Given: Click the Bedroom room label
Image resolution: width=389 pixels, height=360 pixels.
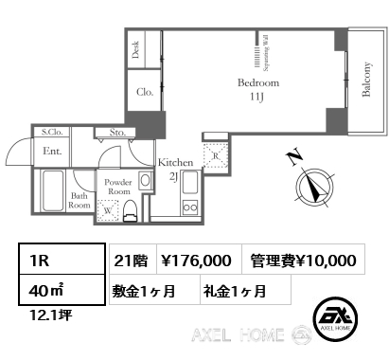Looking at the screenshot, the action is point(258,83).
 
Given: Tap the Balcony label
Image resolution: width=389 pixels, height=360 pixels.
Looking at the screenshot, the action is point(366,79).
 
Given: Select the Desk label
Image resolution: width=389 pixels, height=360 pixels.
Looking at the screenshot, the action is point(135,49).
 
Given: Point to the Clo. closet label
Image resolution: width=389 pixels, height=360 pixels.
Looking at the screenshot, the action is point(145,92).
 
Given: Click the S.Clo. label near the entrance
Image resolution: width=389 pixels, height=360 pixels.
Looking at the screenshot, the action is point(52,132).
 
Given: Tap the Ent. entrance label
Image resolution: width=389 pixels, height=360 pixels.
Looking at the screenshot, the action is point(52,152).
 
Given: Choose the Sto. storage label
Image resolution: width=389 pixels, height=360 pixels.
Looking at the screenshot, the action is point(117,133).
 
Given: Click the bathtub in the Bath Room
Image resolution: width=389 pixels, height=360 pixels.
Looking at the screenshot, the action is point(52,190).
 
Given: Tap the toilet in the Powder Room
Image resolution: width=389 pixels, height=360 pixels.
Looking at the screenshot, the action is point(130,211).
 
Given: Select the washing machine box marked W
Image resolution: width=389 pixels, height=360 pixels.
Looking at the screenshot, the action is point(108,210).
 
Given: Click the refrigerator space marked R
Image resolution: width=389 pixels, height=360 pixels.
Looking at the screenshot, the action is point(216,155).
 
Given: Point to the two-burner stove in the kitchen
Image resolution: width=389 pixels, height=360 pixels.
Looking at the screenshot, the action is point(190,207).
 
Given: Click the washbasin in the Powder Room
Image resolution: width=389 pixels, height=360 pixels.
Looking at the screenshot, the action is point(145,181).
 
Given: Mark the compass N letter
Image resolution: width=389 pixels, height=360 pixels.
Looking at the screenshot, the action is point(293,158).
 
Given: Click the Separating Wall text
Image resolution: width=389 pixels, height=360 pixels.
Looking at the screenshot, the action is point(266,52).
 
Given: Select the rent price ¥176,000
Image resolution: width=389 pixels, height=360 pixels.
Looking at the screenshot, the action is point(196,261).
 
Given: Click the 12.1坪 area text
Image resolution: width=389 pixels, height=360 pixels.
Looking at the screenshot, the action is point(50,315).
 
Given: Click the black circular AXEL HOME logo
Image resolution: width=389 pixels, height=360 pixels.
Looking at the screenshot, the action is point(335,318).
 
